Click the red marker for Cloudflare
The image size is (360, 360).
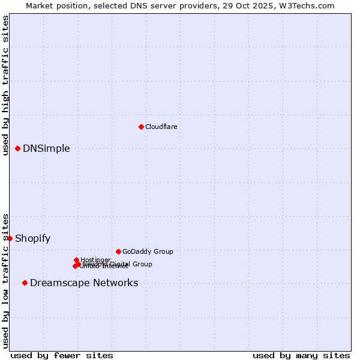141,127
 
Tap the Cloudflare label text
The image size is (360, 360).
161,127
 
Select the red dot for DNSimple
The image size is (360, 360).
18,148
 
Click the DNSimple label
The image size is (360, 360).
46,149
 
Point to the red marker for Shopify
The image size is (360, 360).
10,238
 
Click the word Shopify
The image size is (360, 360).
32,239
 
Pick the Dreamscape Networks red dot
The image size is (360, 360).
25,283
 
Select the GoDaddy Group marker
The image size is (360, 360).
118,251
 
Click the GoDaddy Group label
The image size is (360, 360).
148,251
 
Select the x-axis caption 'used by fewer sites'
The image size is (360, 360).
62,355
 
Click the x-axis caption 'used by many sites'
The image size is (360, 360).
301,355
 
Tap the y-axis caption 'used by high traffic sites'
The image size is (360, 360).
5,85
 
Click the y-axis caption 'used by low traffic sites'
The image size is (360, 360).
5,281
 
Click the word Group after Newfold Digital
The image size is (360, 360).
142,264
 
